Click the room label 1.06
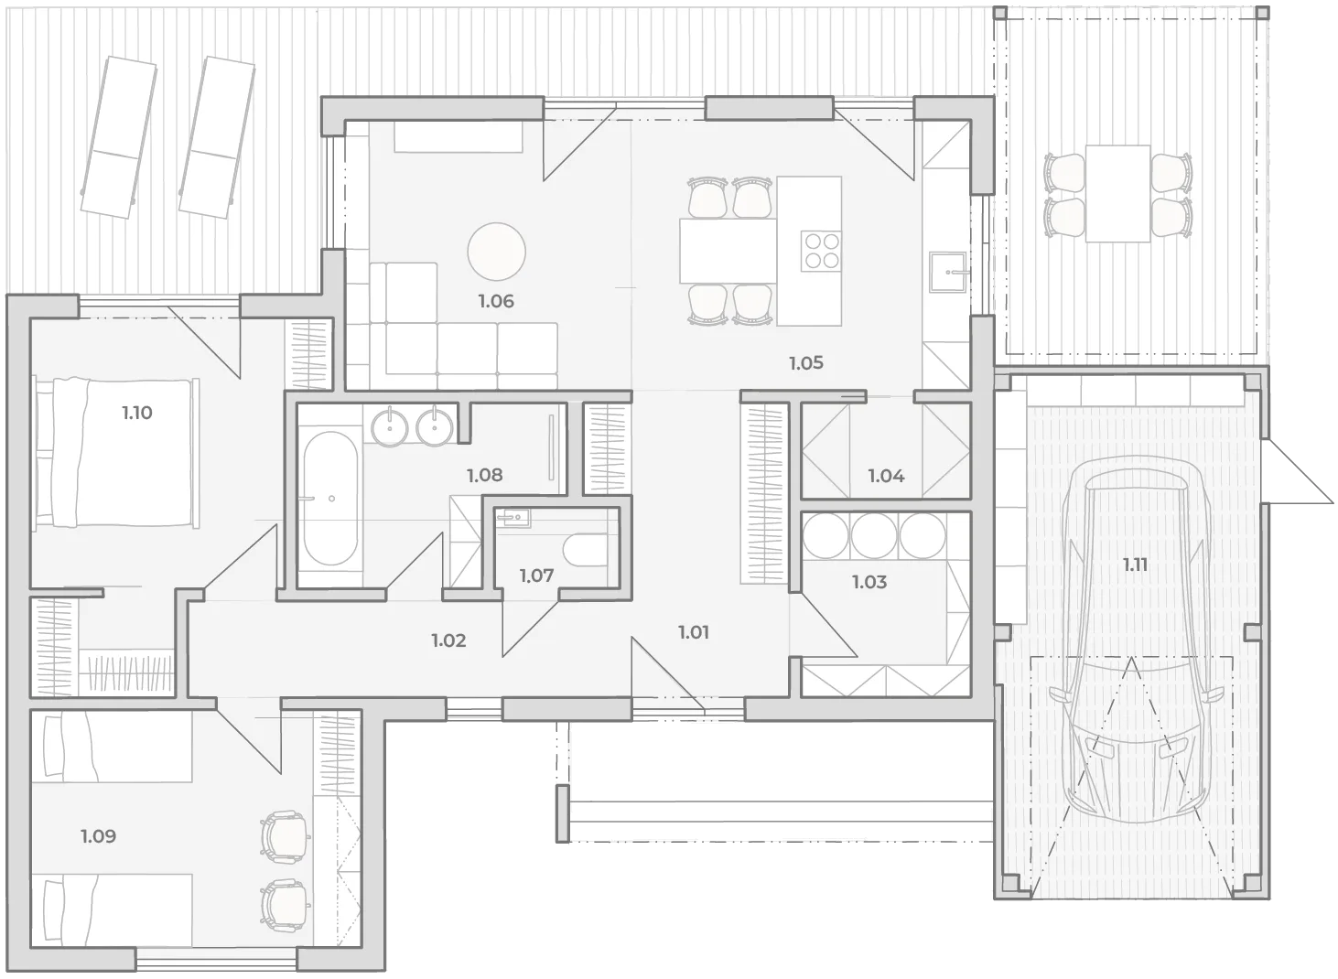[496, 301]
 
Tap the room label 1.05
[805, 362]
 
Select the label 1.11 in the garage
[1134, 565]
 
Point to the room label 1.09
[99, 835]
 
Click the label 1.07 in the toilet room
[536, 576]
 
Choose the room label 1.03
[869, 581]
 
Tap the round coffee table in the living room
[496, 252]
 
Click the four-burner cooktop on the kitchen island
[821, 250]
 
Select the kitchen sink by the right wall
[948, 273]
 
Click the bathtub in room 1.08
[330, 498]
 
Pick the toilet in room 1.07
[585, 551]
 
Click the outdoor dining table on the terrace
[1117, 194]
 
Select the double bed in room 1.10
[116, 452]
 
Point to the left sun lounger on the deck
[119, 137]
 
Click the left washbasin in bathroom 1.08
[390, 427]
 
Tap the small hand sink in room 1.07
[513, 518]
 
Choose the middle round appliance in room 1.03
[873, 536]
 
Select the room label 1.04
[886, 476]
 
